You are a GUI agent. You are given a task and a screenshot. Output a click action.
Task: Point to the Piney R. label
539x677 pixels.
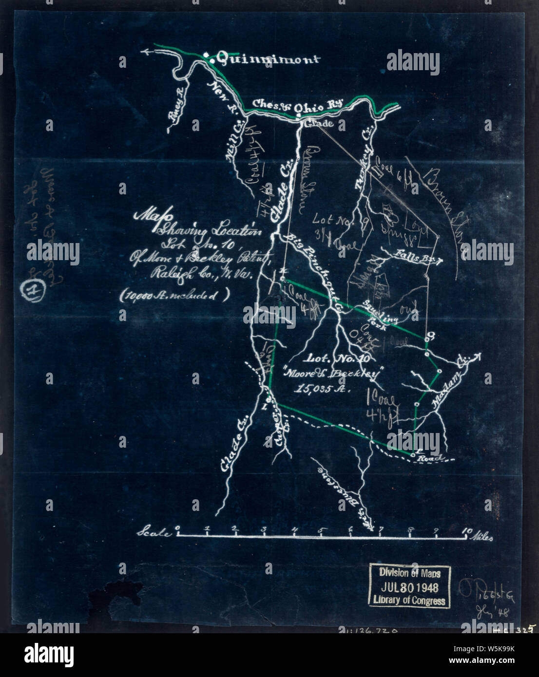[176, 103]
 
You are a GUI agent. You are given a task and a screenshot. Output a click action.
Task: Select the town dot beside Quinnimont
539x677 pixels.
[206, 56]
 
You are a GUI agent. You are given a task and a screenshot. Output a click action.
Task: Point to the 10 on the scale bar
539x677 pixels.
[466, 530]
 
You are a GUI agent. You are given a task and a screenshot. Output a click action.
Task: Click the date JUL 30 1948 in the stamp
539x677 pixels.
[409, 587]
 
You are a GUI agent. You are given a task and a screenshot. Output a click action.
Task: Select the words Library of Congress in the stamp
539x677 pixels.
[409, 600]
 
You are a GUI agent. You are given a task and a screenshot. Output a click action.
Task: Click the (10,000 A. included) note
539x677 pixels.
[174, 296]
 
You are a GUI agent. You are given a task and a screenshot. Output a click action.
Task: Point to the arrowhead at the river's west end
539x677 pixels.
[144, 50]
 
